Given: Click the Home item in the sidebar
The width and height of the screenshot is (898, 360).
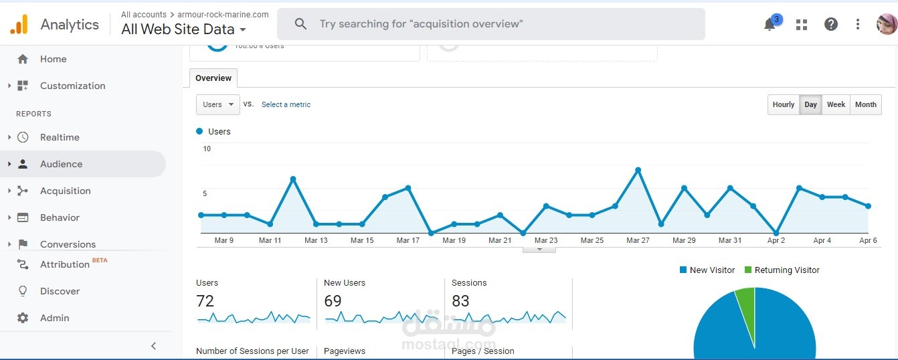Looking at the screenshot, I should tap(53, 59).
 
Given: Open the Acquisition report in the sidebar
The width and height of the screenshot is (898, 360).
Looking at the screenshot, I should tap(65, 191).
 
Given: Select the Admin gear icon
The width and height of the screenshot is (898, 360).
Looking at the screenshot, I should tap(23, 318).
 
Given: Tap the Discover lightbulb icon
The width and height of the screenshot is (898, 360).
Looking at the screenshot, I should tap(23, 291).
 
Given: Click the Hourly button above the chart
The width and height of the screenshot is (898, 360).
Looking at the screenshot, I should tap(783, 104).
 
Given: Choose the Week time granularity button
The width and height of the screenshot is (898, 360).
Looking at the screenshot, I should tap(836, 104).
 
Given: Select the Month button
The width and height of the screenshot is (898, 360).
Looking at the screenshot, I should tap(865, 104).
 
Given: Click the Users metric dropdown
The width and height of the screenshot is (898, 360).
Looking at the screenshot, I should tap(217, 104).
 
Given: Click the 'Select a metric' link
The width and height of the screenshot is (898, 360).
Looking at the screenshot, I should tap(286, 104).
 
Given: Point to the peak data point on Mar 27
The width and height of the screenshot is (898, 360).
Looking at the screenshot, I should tap(638, 170).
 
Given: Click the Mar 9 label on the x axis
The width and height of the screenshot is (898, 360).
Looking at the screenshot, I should tap(224, 240).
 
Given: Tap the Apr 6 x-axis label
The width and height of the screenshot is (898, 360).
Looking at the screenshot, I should tap(868, 240).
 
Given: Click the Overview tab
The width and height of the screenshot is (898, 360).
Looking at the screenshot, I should tap(213, 78).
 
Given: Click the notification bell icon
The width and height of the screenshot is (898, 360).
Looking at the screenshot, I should tap(770, 25).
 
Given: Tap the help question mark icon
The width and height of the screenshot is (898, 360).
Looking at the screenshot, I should tap(830, 24).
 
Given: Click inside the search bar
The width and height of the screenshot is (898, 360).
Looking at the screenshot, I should tap(491, 24).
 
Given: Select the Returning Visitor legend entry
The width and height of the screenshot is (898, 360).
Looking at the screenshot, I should tap(782, 270).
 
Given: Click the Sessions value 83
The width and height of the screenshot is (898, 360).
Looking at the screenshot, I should tap(460, 301).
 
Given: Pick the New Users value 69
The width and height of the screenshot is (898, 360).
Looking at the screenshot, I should tap(333, 301).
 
